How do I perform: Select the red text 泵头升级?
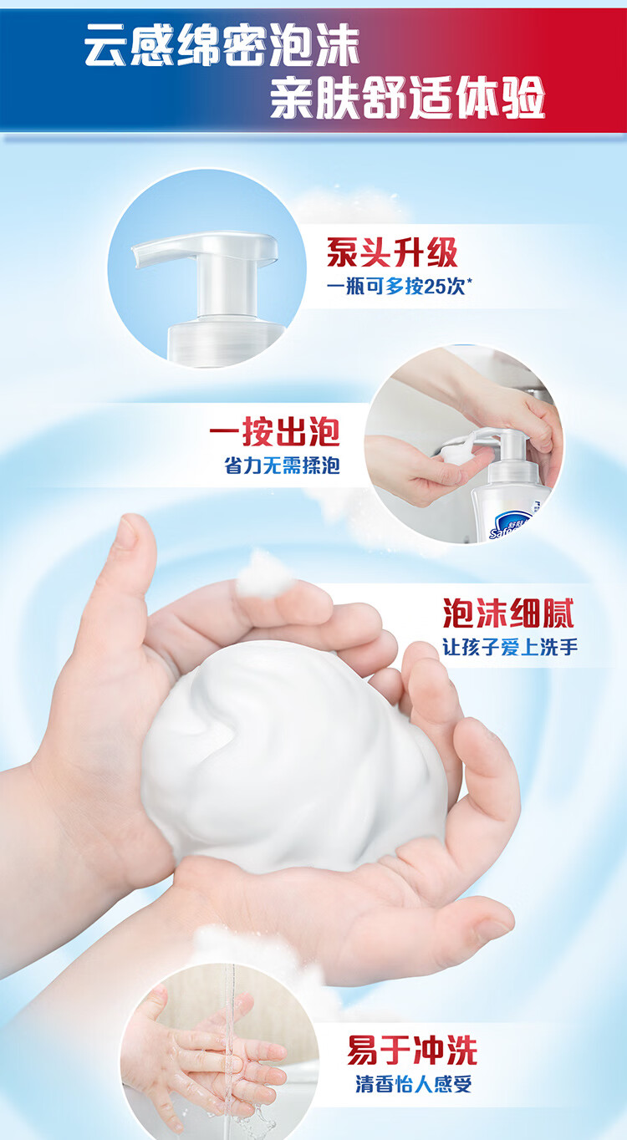(392, 252)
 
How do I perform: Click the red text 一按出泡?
(274, 432)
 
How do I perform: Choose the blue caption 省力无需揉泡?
(282, 466)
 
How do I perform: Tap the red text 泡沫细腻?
(508, 613)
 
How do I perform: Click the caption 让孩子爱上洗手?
(510, 648)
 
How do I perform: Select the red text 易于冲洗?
(412, 1050)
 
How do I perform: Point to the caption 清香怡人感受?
(414, 1083)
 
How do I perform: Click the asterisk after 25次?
(468, 282)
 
